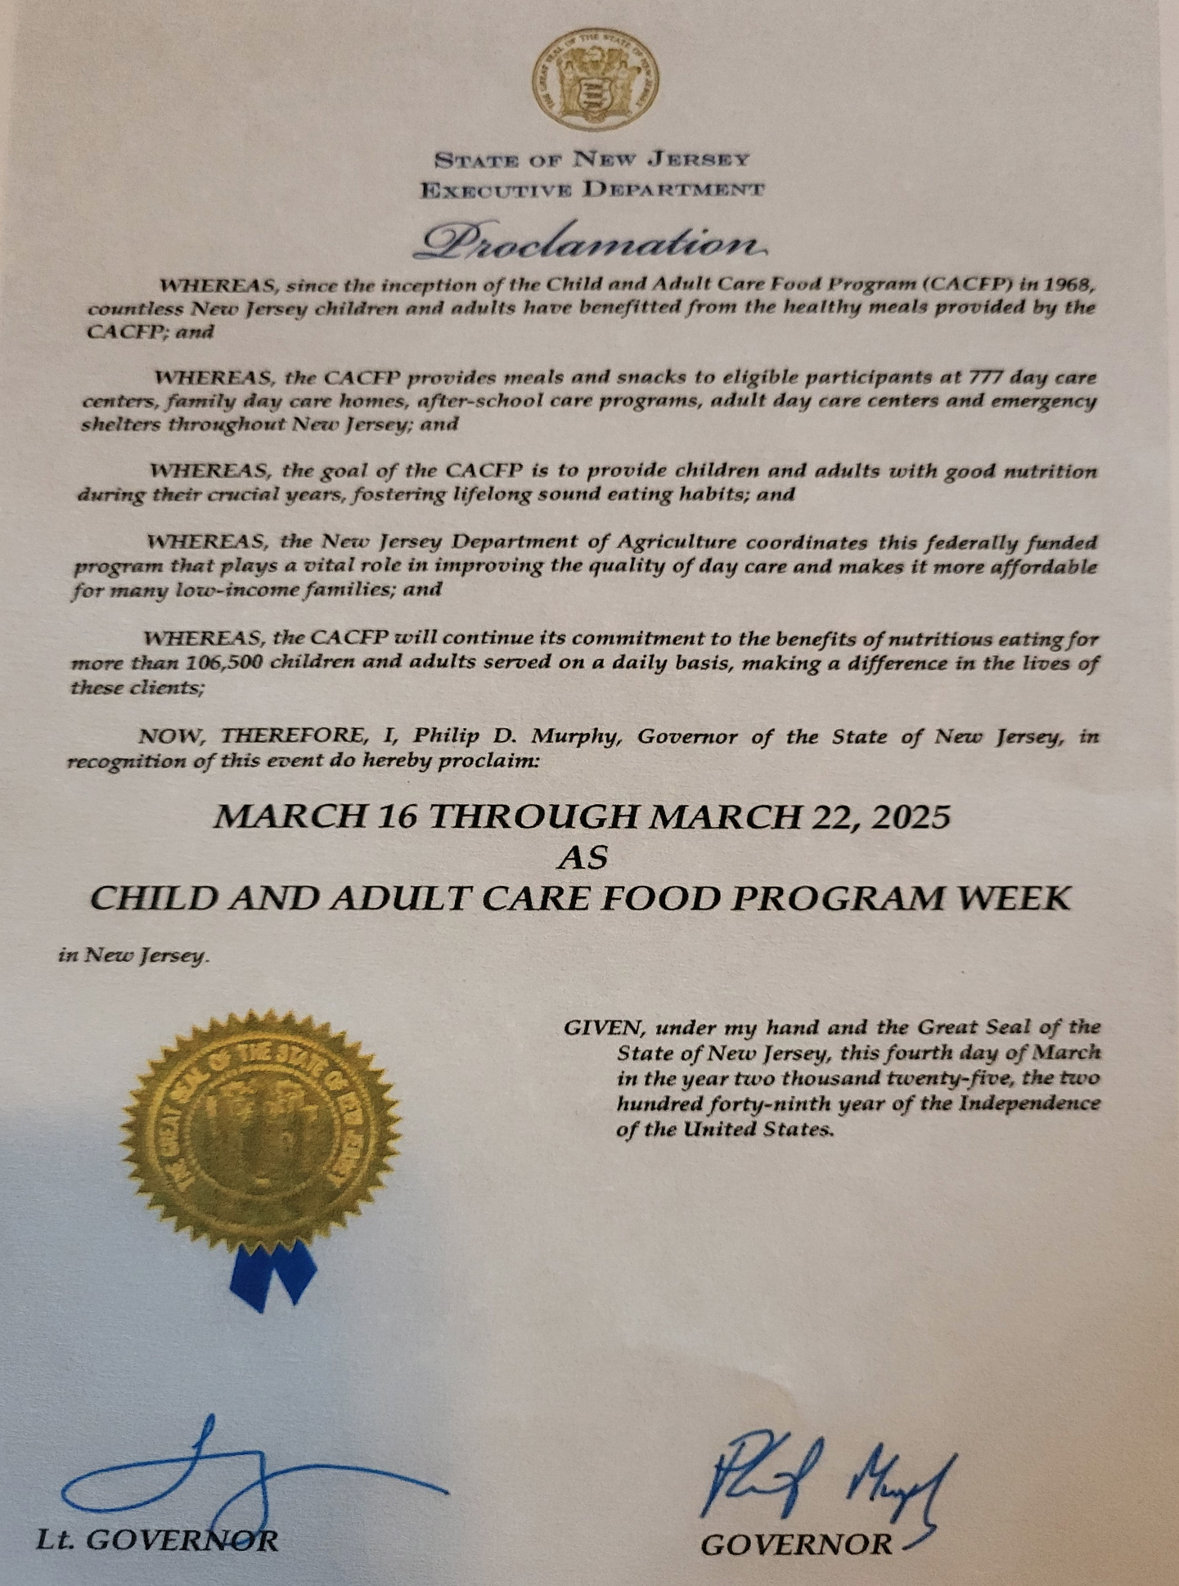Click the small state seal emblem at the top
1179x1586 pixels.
(x=596, y=80)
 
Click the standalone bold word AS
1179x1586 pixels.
(x=583, y=857)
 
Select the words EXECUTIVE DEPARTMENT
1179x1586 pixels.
(x=592, y=191)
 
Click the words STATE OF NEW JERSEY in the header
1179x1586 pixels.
(x=592, y=159)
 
